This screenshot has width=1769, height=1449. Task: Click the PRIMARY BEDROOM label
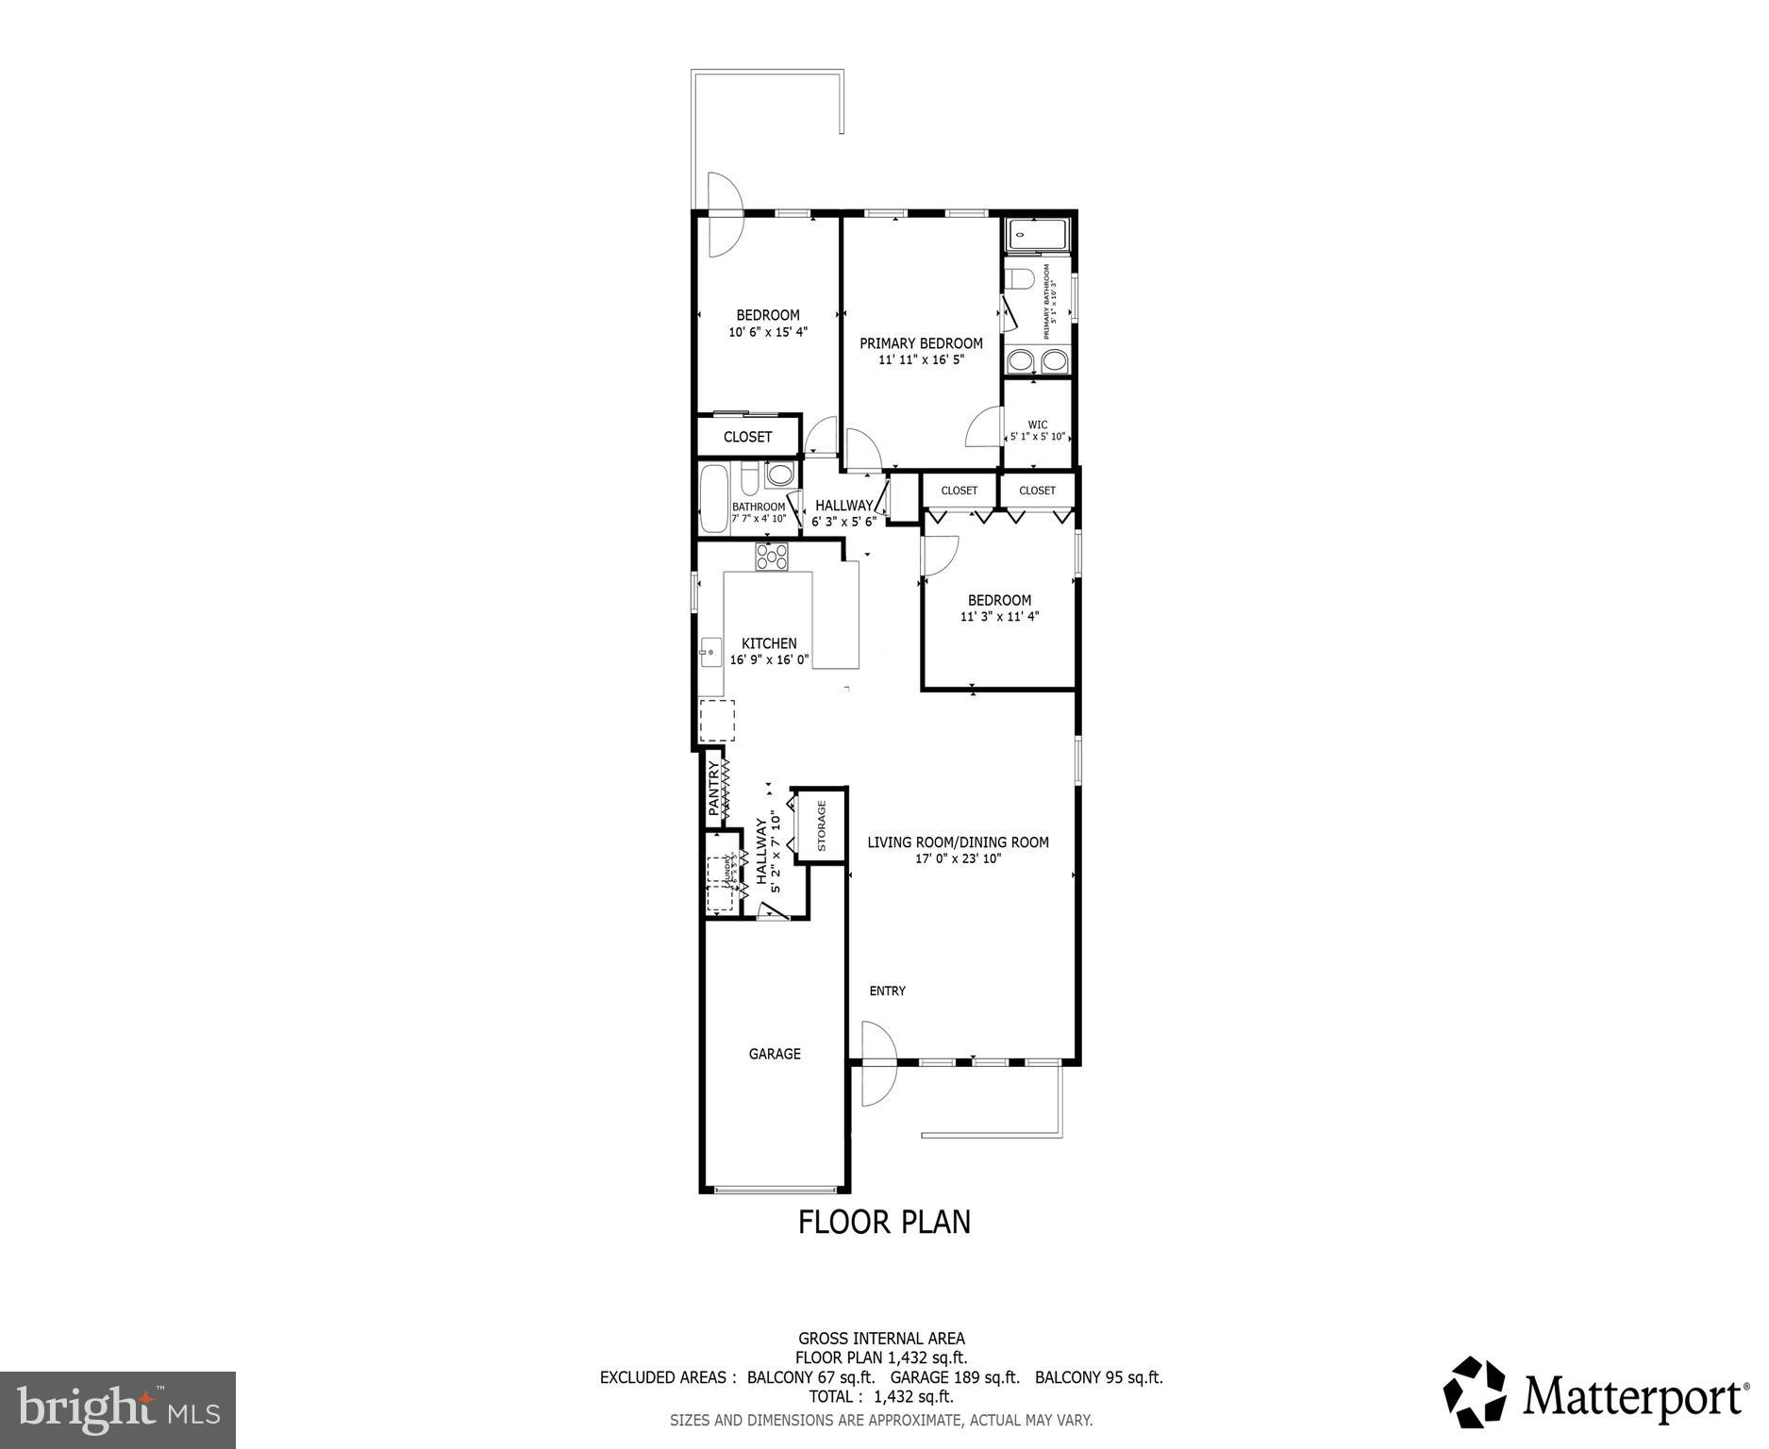coord(920,343)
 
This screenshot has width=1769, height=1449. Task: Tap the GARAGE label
coord(775,1054)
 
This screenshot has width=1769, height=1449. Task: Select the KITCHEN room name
coord(768,643)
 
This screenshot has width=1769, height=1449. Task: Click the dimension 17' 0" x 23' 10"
coord(958,858)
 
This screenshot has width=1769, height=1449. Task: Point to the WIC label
coord(1037,425)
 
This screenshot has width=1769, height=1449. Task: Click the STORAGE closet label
coord(822,825)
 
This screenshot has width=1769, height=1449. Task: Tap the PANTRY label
coord(714,789)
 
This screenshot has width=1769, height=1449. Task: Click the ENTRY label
coord(887,991)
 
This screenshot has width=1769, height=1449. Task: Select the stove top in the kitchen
coord(771,557)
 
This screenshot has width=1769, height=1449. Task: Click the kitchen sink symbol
coord(709,651)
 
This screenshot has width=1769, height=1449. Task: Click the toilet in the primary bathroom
coord(1020,280)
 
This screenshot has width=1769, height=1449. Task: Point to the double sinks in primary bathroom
coord(1037,359)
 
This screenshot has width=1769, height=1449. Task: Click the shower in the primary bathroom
coord(1037,233)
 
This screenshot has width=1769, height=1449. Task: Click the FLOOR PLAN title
coord(884,1222)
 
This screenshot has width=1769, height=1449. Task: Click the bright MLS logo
coord(118,1410)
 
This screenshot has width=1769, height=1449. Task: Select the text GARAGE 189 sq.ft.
coord(955,1376)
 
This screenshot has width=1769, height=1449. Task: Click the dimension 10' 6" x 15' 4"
coord(767,332)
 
